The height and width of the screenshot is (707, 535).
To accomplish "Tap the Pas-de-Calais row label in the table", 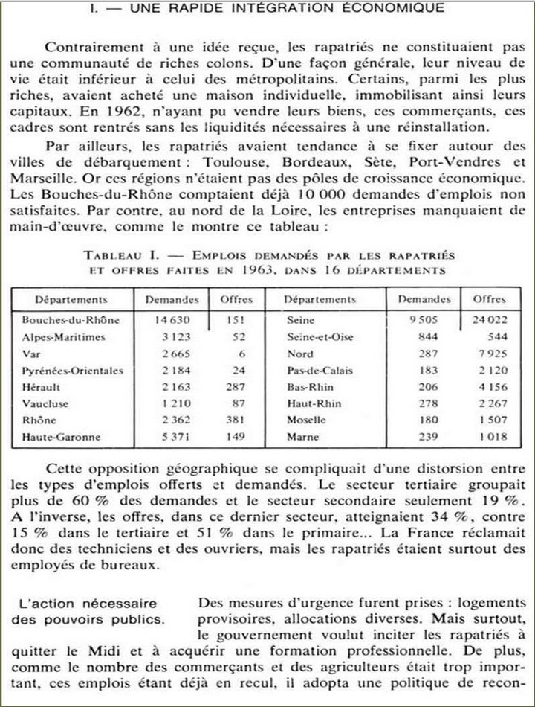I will [x=320, y=371].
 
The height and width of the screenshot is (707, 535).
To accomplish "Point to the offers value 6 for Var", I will [x=243, y=354].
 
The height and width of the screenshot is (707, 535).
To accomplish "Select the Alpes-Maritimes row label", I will [x=64, y=337].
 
